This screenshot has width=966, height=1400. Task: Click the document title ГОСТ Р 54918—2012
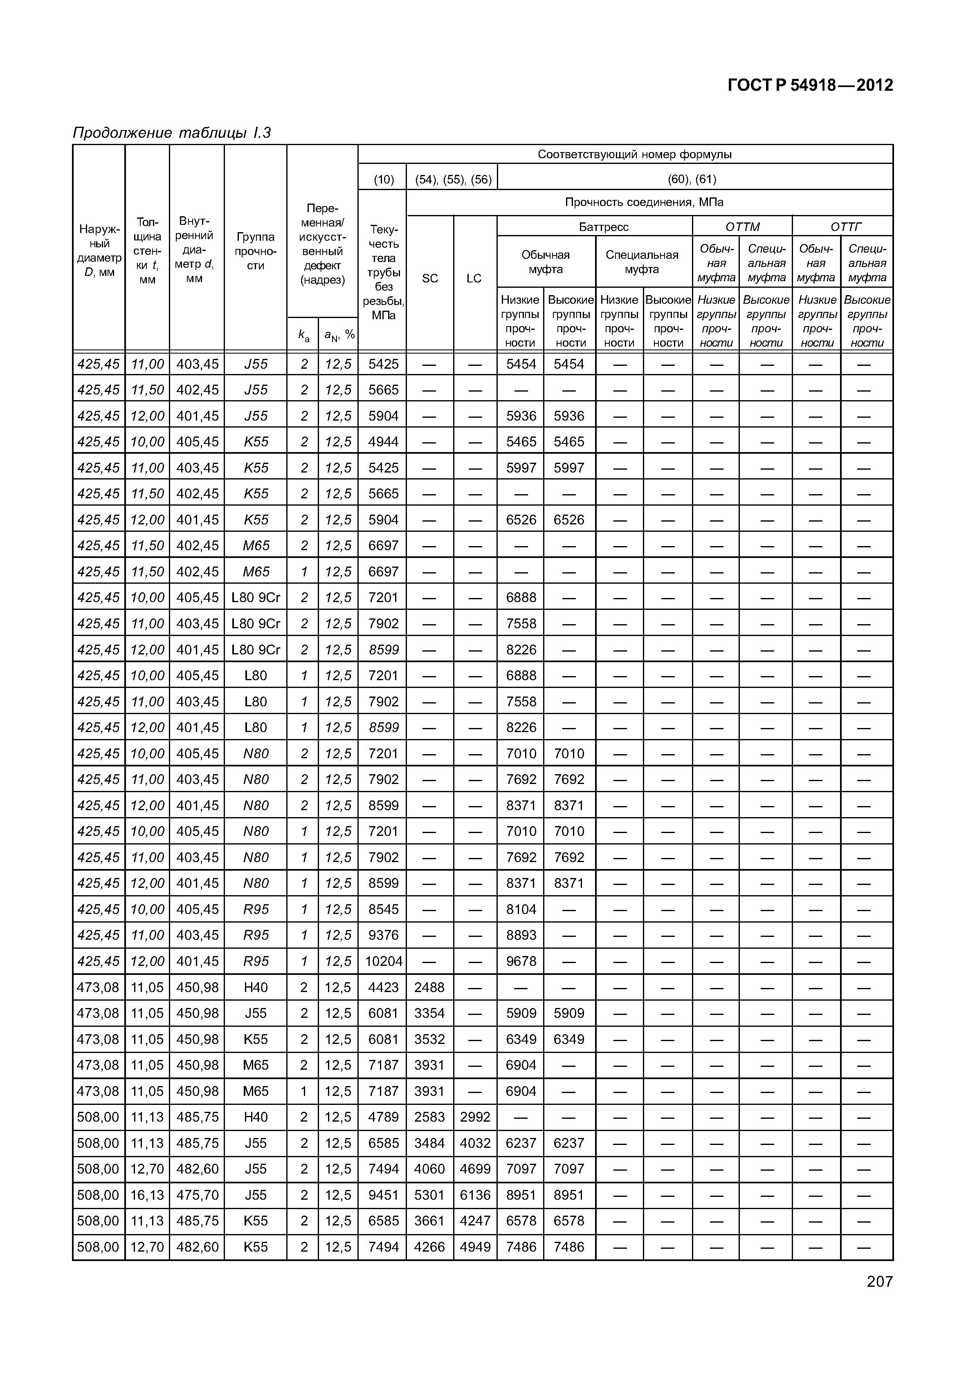coord(810,85)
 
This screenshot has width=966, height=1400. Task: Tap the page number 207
coord(879,1281)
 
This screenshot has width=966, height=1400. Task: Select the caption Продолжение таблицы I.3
coord(171,132)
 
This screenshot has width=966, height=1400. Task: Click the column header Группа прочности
coord(256,251)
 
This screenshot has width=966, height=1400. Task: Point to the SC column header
coord(430,278)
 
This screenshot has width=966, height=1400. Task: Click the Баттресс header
coord(604,227)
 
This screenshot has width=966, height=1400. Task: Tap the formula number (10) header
coord(383,179)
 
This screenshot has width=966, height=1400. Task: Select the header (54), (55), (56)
coord(453,179)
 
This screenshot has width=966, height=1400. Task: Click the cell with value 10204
coord(383,961)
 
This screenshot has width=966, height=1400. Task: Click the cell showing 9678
coord(521,961)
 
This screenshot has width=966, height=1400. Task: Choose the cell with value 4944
coord(383,441)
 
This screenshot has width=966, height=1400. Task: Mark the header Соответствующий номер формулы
coord(634,154)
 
